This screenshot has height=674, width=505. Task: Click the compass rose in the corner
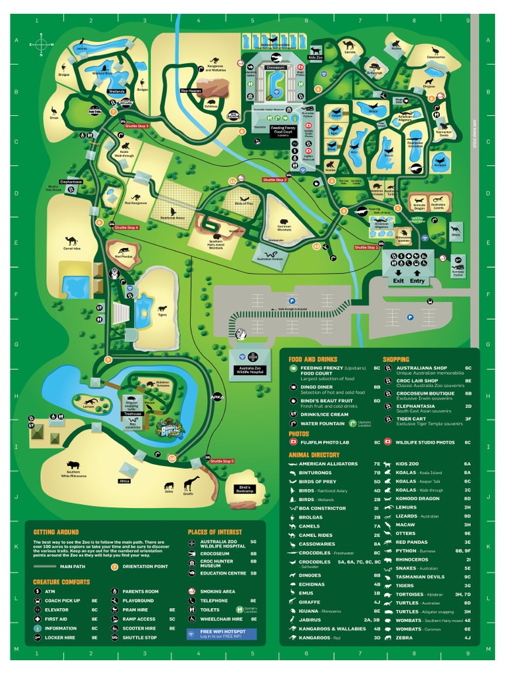[x=41, y=44]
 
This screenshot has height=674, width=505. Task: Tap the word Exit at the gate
[x=398, y=280]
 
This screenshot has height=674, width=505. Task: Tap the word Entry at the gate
[x=418, y=280]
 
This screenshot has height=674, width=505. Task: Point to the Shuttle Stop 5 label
[x=222, y=461]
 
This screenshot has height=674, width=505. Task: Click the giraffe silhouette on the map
[x=191, y=484]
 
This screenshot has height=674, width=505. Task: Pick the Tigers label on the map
[x=162, y=315]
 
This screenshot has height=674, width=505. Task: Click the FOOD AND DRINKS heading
[x=313, y=359]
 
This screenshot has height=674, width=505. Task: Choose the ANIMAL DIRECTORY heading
[x=314, y=455]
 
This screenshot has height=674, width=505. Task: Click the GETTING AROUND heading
[x=56, y=532]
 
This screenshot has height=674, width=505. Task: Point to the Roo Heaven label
[x=191, y=90]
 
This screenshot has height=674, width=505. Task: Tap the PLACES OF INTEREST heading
[x=214, y=532]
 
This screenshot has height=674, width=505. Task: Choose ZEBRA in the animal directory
[x=404, y=638]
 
